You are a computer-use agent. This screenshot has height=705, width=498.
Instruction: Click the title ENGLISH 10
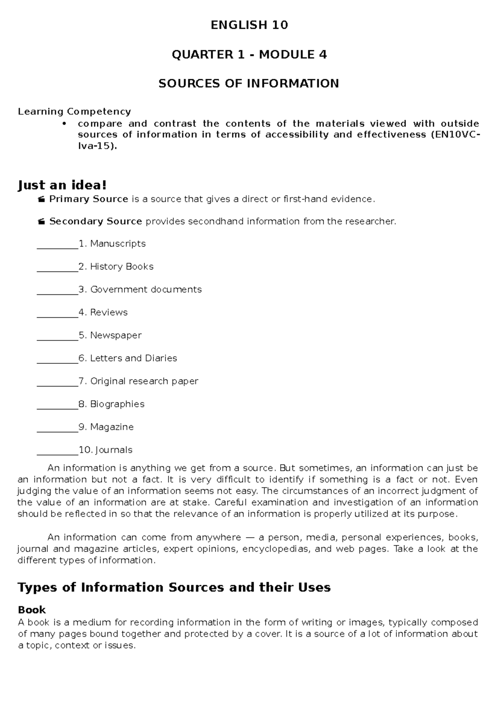[x=249, y=25]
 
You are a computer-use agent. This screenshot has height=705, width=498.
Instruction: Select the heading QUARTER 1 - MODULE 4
[x=249, y=54]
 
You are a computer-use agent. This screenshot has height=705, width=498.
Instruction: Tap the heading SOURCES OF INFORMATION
[x=249, y=83]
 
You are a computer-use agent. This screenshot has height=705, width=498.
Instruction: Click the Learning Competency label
[x=74, y=111]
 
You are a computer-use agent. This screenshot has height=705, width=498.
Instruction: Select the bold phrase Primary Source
[x=88, y=199]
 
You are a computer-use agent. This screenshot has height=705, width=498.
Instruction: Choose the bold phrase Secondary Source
[x=95, y=221]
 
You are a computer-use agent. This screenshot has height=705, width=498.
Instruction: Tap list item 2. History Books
[x=116, y=267]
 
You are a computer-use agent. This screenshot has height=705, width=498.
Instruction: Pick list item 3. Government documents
[x=140, y=289]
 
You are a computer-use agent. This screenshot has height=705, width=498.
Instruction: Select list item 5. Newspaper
[x=110, y=335]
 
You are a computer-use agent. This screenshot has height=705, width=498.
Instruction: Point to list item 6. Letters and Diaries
[x=127, y=358]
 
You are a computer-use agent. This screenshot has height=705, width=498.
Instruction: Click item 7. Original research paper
[x=138, y=381]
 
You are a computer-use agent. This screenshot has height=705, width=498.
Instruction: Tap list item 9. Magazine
[x=106, y=427]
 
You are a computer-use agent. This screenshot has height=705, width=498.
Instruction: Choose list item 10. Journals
[x=105, y=450]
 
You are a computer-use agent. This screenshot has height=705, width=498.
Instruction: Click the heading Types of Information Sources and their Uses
[x=174, y=587]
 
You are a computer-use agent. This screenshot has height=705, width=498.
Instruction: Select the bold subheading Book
[x=32, y=610]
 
